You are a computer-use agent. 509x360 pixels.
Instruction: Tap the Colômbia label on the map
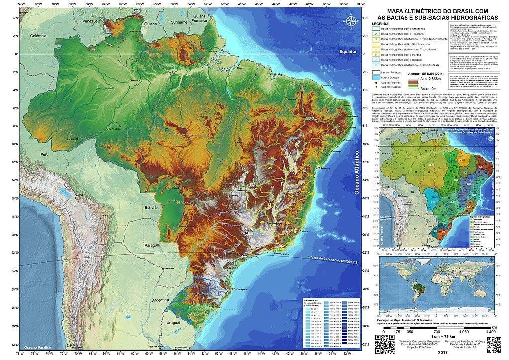[41, 36]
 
